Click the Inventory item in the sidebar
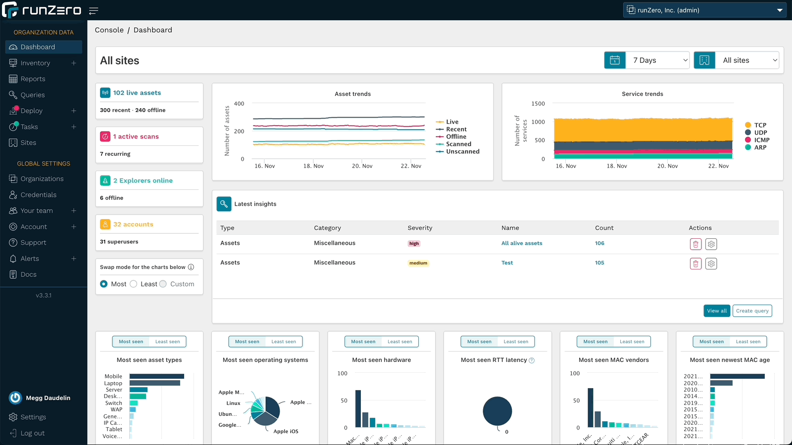click(35, 63)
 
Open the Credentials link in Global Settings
click(38, 195)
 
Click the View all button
click(716, 311)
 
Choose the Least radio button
click(134, 284)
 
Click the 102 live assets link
click(137, 93)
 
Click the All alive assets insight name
click(521, 243)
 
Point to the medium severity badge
click(418, 263)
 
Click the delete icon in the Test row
click(695, 264)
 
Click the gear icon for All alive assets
click(711, 244)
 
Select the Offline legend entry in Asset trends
click(455, 136)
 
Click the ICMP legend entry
click(761, 140)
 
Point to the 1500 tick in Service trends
click(538, 104)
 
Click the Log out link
click(32, 433)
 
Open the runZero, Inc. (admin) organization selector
click(704, 10)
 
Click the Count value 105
click(599, 263)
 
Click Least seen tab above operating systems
click(283, 342)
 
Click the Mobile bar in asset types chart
click(156, 376)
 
